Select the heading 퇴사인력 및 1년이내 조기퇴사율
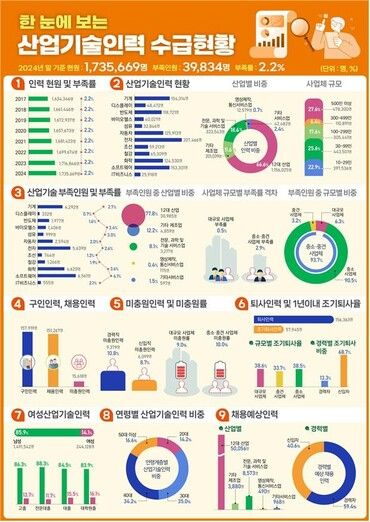click(x=295, y=302)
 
